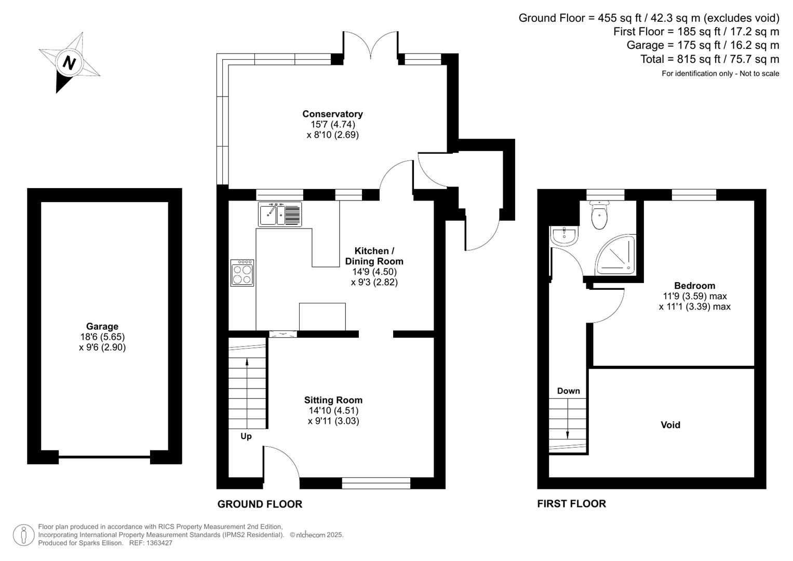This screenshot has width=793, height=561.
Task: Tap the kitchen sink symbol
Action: (280, 214)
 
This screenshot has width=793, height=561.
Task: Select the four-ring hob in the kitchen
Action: (243, 273)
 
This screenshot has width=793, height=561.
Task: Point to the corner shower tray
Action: (617, 255)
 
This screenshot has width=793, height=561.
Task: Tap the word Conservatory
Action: (332, 114)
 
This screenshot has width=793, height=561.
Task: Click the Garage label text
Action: (102, 326)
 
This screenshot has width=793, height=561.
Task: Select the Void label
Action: (670, 425)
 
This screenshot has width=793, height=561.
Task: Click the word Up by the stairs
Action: (246, 436)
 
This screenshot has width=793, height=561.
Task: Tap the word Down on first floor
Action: (568, 391)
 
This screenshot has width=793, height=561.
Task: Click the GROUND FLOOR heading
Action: (260, 504)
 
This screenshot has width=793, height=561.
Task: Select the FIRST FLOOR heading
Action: (571, 503)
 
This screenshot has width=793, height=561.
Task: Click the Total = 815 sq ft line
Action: (709, 59)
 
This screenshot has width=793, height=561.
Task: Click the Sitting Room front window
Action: (376, 483)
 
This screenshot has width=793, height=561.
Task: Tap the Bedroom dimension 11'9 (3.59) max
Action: (695, 296)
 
